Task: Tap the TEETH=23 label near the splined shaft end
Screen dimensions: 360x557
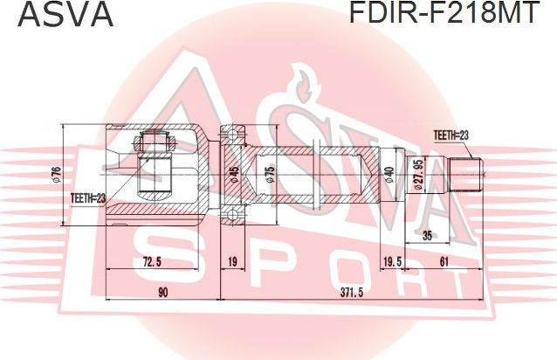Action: click(x=451, y=134)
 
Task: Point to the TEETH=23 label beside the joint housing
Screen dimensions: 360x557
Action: click(x=87, y=199)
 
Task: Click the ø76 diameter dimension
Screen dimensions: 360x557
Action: click(x=57, y=174)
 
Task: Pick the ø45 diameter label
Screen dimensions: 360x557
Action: click(x=233, y=175)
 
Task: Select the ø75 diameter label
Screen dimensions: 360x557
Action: click(x=270, y=175)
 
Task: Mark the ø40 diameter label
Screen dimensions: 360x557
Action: click(x=389, y=175)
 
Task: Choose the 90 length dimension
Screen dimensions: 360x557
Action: click(x=162, y=292)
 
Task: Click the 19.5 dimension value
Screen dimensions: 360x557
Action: click(x=392, y=261)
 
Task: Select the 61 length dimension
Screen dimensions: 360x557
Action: click(x=444, y=261)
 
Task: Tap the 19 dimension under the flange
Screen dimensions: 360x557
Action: click(x=232, y=261)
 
